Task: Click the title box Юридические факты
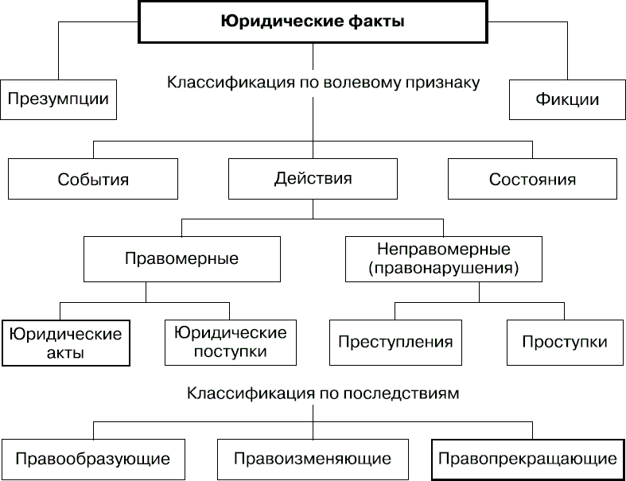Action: click(313, 22)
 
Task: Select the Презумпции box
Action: click(57, 99)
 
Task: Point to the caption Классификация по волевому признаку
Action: click(324, 82)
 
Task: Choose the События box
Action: click(92, 179)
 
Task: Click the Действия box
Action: click(313, 179)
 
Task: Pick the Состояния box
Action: click(532, 179)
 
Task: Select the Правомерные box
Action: click(181, 258)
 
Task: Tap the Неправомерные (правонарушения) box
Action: click(444, 259)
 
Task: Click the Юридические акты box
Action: click(66, 343)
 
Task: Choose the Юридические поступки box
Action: click(230, 343)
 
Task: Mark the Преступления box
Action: click(395, 343)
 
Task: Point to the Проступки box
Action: click(564, 343)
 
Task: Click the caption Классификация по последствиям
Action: click(324, 393)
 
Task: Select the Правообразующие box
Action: click(92, 459)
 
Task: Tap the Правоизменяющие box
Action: click(313, 459)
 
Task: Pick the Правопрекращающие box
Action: click(527, 459)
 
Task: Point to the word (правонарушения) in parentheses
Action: click(444, 269)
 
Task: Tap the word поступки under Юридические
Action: click(230, 351)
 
